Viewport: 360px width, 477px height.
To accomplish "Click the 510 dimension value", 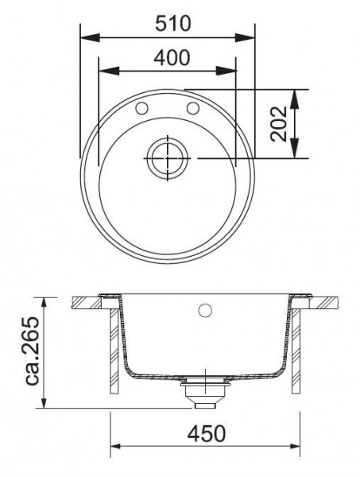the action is click(173, 23).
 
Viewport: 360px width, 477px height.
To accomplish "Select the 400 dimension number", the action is click(172, 58).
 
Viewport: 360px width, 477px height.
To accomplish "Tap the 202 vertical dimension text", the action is click(279, 124).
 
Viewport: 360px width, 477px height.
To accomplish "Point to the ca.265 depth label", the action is click(33, 351).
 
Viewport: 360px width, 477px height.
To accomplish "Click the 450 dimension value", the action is click(207, 433).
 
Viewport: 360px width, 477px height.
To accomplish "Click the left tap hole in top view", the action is click(141, 108).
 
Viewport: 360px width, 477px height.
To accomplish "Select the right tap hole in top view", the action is click(193, 108).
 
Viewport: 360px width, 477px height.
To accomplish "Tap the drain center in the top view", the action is click(167, 158).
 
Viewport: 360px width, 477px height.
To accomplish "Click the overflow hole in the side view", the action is click(204, 310).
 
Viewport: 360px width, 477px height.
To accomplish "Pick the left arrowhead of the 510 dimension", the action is click(90, 37).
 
